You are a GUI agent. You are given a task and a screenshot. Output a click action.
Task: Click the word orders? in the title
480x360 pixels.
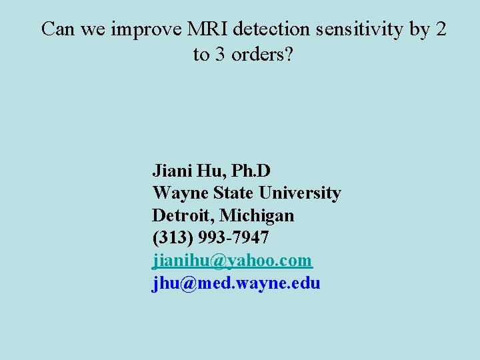click(262, 55)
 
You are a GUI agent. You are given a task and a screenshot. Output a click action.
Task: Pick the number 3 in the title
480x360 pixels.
click(219, 55)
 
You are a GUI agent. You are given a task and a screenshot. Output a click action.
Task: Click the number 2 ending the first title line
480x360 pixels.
click(442, 29)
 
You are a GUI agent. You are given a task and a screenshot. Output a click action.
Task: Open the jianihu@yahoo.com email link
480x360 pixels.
click(232, 261)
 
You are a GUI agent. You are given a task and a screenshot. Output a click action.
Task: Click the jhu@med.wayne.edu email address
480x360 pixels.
click(236, 283)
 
